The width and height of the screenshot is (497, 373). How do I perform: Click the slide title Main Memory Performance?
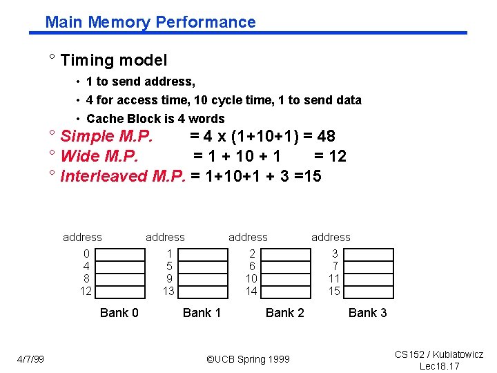(x=150, y=22)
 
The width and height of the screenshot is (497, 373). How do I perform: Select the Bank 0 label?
(x=119, y=313)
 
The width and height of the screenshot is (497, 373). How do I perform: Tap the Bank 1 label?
(x=202, y=313)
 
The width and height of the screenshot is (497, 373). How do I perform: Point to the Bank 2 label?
(x=284, y=313)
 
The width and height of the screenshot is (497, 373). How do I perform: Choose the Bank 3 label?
(x=367, y=313)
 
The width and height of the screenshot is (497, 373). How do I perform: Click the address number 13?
(x=168, y=291)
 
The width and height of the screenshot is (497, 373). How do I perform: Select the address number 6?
(x=252, y=267)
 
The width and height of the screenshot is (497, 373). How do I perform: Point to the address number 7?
(x=335, y=267)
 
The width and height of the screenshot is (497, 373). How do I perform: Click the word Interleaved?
(x=104, y=176)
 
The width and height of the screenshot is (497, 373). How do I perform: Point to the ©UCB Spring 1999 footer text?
(x=248, y=359)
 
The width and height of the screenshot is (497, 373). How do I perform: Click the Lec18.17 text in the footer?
(x=439, y=365)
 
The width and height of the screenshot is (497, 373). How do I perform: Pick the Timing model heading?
(x=114, y=61)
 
